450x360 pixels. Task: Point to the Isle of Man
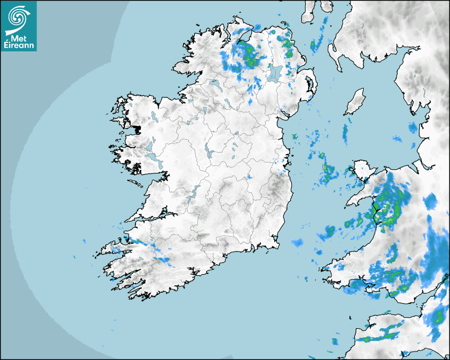click(355, 102)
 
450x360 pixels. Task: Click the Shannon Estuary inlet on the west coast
click(154, 215)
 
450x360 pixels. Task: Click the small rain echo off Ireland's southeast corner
click(297, 243)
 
